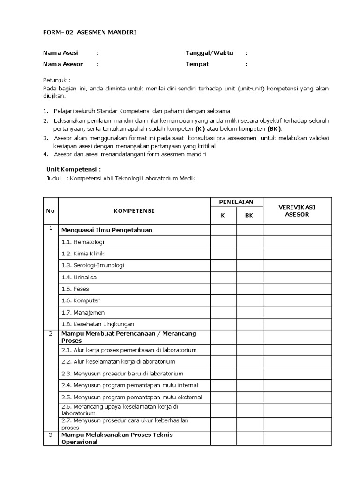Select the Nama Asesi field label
pos(60,53)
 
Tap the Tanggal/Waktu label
pos(209,53)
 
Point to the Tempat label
pos(197,64)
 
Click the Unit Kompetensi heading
pos(74,169)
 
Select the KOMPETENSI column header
pos(134,211)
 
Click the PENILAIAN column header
pos(236,202)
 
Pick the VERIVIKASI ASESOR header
pos(297,211)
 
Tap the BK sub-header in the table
pos(249,216)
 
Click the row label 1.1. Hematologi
pos(82,242)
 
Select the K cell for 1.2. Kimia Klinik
pos(223,254)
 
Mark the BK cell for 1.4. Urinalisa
pos(249,277)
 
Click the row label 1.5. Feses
pos(75,289)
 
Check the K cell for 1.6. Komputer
pos(223,300)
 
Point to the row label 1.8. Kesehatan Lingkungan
pos(97,324)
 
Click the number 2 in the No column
pos(51,334)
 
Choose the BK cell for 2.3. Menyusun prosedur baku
pos(249,374)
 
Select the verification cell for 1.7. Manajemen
pos(297,312)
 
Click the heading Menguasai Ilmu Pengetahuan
pos(107,230)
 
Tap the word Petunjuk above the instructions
pos(57,80)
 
